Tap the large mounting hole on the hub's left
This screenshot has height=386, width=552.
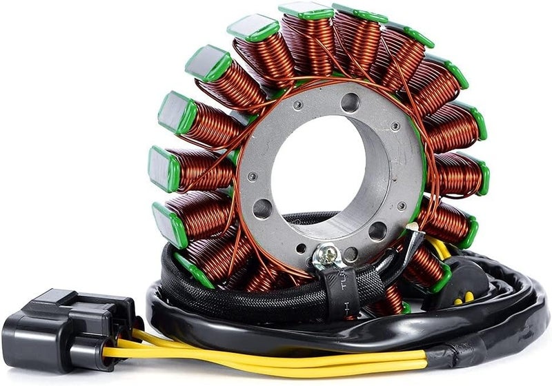click(262, 209)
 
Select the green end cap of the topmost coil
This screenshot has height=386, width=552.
click(306, 11)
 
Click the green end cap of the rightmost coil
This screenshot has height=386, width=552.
click(483, 178)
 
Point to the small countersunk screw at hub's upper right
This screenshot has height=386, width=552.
click(395, 127)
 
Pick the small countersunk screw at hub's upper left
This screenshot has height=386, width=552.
click(297, 105)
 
